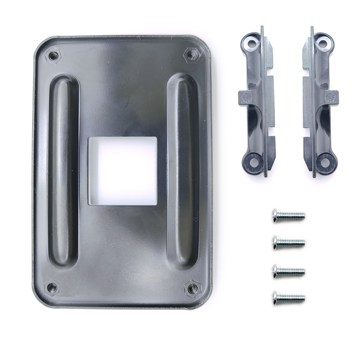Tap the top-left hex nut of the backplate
pos(54,56)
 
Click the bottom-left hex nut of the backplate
pos(53,286)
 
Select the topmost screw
pos(288,216)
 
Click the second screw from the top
pos(288,243)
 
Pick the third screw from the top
pos(288,271)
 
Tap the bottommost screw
pos(288,297)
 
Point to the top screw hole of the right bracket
pos(323,43)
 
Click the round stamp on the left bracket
pos(246,95)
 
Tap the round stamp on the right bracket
pos(329,96)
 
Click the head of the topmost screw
pos(276,216)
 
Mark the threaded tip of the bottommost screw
pos(302,297)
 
